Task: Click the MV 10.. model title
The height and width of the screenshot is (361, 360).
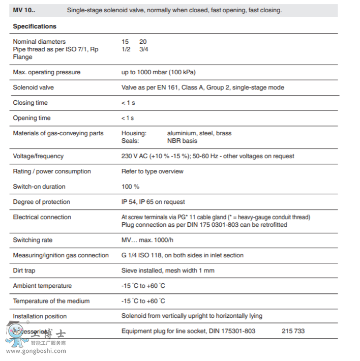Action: (x=24, y=10)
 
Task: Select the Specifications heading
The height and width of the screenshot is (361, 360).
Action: (x=35, y=26)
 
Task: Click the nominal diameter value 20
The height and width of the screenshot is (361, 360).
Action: (x=143, y=42)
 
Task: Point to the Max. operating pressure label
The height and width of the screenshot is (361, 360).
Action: (x=46, y=72)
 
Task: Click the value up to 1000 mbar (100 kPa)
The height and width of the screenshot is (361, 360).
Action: (x=158, y=72)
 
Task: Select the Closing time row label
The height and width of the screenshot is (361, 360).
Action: (x=30, y=103)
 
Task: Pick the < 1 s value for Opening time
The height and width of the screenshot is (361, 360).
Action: (x=128, y=118)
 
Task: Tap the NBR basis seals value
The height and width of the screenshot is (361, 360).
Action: (x=182, y=141)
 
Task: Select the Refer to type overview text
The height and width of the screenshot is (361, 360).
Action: (x=153, y=171)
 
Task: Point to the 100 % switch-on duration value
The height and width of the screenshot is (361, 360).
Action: (x=130, y=187)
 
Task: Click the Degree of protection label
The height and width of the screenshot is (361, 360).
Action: (x=41, y=202)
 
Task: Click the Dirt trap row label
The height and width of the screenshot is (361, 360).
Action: (x=24, y=270)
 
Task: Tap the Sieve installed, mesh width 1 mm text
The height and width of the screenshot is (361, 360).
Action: (x=168, y=270)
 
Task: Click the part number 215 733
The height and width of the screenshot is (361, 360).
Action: (x=293, y=331)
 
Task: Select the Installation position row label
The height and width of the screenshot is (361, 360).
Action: (x=40, y=316)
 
